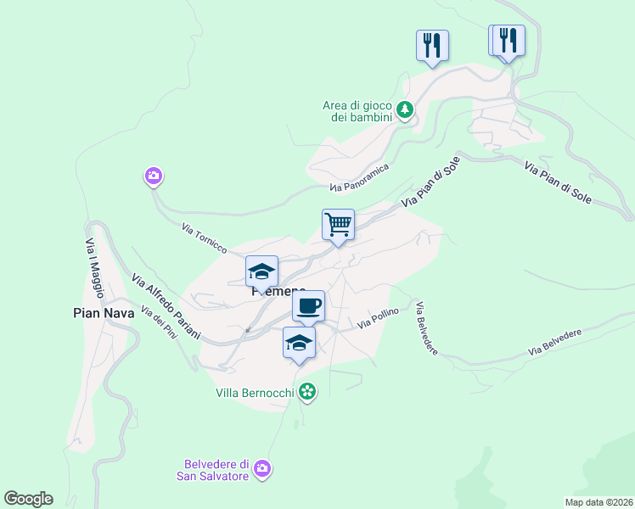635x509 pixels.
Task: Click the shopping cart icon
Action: [x=338, y=225]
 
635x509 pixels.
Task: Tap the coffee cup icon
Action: [x=308, y=305]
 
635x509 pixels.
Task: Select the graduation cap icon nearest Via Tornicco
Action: [x=262, y=271]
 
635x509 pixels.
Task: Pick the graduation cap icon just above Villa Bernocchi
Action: [x=299, y=343]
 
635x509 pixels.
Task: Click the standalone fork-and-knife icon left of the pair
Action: [x=432, y=45]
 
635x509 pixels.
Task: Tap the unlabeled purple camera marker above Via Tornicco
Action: [x=153, y=176]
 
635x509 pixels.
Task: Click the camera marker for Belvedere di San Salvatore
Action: [x=262, y=468]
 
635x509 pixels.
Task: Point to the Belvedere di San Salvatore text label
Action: [x=216, y=470]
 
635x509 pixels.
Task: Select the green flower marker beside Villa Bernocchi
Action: [x=307, y=392]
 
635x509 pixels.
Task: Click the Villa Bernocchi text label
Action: [x=254, y=393]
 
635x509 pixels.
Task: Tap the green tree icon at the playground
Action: [x=406, y=109]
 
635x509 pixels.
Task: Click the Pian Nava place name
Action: [x=99, y=313]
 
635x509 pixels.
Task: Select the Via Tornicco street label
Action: [x=205, y=238]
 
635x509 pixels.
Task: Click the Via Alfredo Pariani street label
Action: [x=166, y=306]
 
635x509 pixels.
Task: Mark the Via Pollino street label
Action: [x=377, y=319]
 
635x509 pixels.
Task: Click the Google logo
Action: [x=28, y=499]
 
